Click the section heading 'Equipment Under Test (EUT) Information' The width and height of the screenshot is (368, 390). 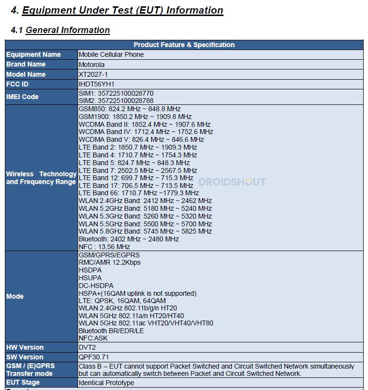[123, 10]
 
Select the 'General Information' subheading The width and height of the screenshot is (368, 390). [67, 30]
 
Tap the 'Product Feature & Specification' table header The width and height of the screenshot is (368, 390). [184, 45]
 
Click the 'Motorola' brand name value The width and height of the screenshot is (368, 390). [92, 64]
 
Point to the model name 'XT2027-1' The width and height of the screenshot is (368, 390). [93, 74]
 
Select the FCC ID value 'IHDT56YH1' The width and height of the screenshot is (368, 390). [96, 84]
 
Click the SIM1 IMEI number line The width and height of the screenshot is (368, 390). [116, 93]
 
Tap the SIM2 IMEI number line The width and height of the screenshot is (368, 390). [116, 101]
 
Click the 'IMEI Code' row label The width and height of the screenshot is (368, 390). [22, 97]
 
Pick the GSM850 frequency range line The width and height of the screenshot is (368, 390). [129, 109]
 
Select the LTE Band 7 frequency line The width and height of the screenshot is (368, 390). [138, 170]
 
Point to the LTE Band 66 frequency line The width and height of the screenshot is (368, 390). [139, 193]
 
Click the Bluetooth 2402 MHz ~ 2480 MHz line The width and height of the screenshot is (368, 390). [128, 239]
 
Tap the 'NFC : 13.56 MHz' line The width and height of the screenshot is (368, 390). [104, 247]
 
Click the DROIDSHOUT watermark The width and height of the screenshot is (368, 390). [232, 182]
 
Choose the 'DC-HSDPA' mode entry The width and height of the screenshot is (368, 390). [96, 286]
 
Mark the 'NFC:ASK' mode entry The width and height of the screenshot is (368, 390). [93, 338]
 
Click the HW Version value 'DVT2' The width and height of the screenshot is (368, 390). [88, 347]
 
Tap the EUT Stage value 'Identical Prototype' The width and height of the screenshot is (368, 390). [106, 383]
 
